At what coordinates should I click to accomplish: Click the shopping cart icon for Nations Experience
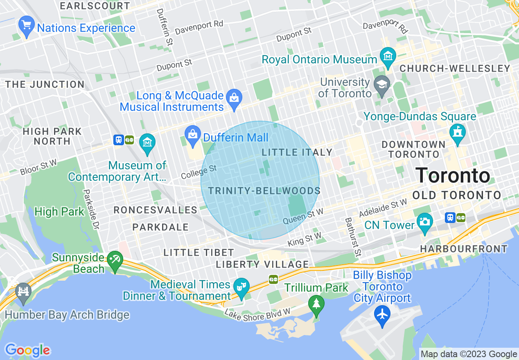pos(26,27)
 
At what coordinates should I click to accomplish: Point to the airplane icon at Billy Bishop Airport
pos(382,315)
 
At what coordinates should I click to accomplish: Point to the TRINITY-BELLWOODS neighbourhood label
pos(264,191)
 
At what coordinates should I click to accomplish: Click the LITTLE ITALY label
pos(297,152)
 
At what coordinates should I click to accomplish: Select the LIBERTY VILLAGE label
pos(262,264)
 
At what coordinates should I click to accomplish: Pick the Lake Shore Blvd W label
pos(257,315)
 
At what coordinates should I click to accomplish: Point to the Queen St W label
pos(303,216)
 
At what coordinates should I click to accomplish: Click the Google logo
pos(27,350)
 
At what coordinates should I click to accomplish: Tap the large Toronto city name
pos(453,175)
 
